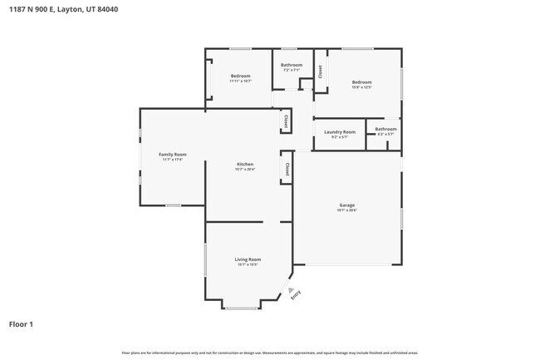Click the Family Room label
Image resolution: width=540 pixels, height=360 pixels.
[x=173, y=154]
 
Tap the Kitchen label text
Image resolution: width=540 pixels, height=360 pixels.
[x=245, y=164]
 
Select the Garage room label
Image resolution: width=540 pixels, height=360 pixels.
[x=346, y=205]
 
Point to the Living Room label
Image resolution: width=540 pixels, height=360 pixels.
[x=248, y=259]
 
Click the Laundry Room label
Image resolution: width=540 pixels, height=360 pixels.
[x=339, y=131]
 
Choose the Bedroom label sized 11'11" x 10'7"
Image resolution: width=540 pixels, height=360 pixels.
[x=240, y=76]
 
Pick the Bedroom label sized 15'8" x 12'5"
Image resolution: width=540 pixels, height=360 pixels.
[x=361, y=81]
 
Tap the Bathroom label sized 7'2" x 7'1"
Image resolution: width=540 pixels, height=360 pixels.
[x=292, y=65]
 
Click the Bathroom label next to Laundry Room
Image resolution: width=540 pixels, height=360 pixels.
[x=385, y=129]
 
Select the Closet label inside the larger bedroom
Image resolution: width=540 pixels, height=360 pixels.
[x=321, y=72]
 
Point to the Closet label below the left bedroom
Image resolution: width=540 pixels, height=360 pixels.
[x=286, y=121]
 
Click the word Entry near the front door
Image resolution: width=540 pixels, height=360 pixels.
[x=297, y=293]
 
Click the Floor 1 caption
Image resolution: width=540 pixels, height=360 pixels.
[x=22, y=323]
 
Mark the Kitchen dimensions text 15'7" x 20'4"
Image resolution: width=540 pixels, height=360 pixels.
[x=245, y=170]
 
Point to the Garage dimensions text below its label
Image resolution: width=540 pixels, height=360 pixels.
[x=346, y=210]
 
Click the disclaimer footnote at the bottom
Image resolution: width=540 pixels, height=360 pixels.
[x=270, y=353]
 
